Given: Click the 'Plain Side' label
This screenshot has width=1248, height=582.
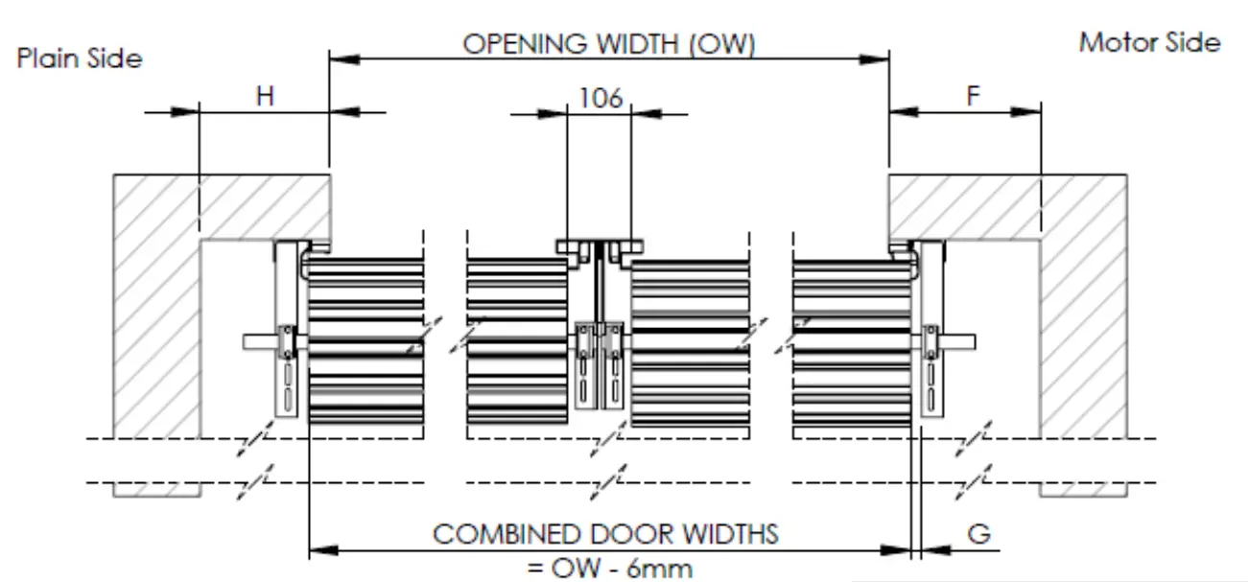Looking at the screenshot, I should [x=80, y=58].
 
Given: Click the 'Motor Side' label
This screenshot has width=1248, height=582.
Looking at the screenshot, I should [x=1149, y=42].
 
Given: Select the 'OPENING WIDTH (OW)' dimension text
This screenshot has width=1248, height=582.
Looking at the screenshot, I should [x=609, y=44].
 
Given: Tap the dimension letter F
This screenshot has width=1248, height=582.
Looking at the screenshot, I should [x=973, y=96].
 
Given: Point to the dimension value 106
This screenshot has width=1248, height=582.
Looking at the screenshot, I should [x=600, y=97].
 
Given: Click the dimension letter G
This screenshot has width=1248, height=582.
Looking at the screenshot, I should [x=978, y=534].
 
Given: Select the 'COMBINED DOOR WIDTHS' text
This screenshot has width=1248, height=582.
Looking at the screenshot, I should [x=606, y=534].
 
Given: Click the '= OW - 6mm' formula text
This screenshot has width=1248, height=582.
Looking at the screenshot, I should [x=609, y=568].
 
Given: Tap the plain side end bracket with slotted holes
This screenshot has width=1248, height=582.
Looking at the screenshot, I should [x=287, y=331].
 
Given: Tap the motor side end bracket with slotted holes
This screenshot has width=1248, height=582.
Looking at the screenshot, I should [x=930, y=331].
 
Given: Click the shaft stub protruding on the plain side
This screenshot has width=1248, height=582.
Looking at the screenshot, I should [x=259, y=341].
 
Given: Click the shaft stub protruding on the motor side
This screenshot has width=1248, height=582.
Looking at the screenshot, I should [x=959, y=341].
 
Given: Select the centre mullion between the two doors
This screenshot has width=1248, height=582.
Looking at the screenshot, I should [x=600, y=326].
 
